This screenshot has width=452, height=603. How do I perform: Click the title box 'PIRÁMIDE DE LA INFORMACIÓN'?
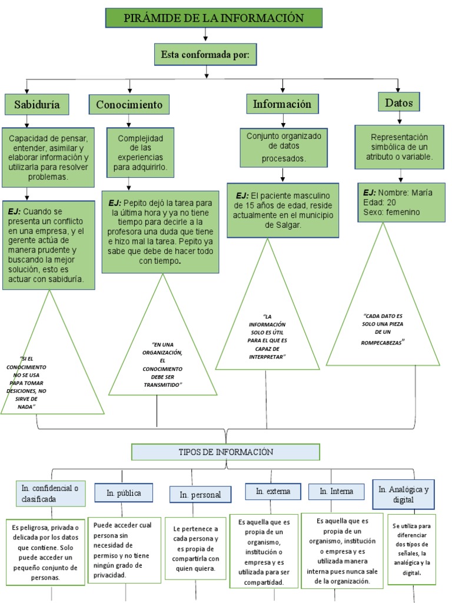tap(214, 18)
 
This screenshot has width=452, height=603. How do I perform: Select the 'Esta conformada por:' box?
tap(205, 55)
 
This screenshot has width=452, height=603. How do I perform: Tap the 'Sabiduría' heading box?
tap(36, 105)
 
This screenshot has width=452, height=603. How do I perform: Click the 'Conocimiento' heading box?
tap(129, 105)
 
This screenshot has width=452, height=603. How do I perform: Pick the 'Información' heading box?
tap(282, 104)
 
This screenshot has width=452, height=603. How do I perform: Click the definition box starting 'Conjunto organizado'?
tap(284, 147)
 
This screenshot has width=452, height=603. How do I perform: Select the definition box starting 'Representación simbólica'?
tap(400, 147)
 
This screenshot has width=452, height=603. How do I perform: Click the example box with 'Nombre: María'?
tap(400, 202)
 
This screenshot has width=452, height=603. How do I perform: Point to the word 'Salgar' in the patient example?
tap(286, 224)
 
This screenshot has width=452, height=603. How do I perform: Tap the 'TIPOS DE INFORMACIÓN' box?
tap(226, 452)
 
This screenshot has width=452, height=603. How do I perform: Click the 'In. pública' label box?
tap(124, 493)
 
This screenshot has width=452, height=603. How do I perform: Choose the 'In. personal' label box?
tap(200, 495)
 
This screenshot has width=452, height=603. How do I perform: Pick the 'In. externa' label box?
tap(272, 491)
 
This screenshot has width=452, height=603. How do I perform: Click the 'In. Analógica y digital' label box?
tap(403, 494)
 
